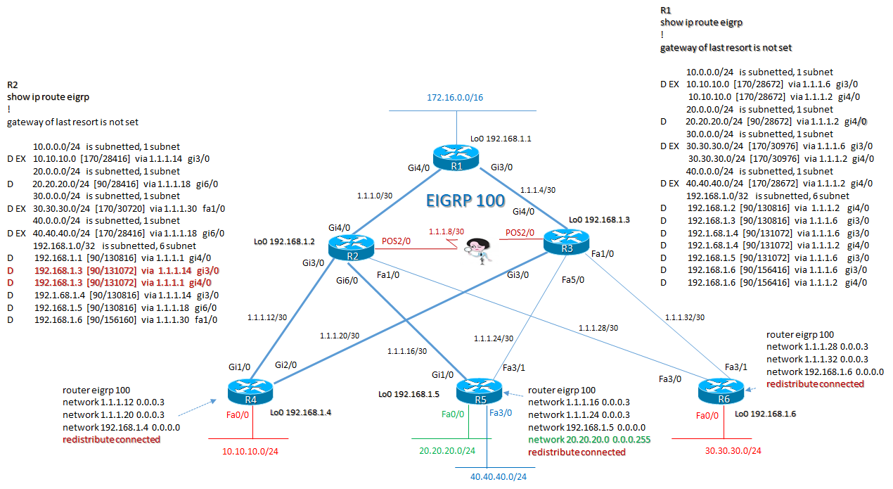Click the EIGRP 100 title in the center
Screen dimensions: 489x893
(x=465, y=201)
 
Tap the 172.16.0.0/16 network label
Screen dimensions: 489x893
(x=455, y=97)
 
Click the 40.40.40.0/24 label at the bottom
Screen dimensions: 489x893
(x=498, y=476)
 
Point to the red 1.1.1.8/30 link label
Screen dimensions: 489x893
(x=447, y=231)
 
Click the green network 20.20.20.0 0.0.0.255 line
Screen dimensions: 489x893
(x=590, y=439)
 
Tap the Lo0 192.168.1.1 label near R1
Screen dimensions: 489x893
(x=501, y=139)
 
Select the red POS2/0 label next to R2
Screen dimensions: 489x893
(x=397, y=240)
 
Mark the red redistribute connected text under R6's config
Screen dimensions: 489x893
(x=815, y=383)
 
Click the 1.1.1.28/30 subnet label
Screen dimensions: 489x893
(x=598, y=328)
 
